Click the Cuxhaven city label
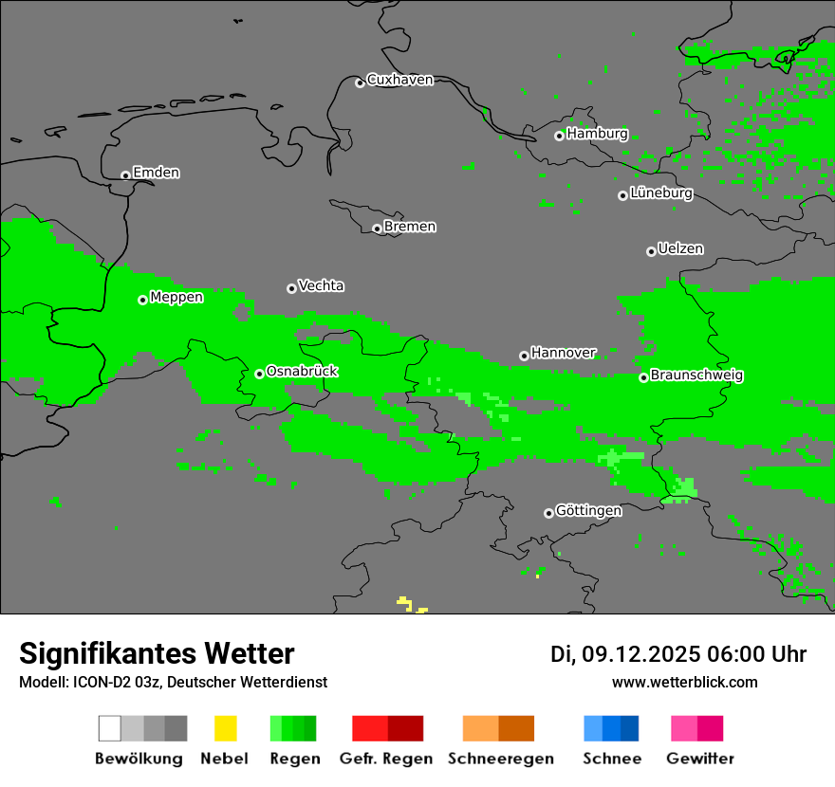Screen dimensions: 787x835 click(x=399, y=80)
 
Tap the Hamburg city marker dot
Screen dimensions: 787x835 click(x=559, y=136)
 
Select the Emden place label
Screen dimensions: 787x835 click(x=156, y=173)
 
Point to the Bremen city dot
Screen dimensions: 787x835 click(x=377, y=229)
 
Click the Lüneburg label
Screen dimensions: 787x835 click(x=661, y=193)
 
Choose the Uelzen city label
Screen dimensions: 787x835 click(x=680, y=249)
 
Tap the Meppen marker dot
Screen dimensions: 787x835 click(x=142, y=300)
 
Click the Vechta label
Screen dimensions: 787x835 click(x=321, y=285)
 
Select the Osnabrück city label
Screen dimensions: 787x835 click(x=302, y=372)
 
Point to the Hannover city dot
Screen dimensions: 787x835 click(x=524, y=356)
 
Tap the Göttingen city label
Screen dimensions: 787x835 click(x=588, y=511)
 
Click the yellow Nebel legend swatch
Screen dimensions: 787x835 click(x=225, y=728)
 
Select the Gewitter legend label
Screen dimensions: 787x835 click(x=700, y=759)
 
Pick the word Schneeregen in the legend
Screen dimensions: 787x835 click(x=501, y=759)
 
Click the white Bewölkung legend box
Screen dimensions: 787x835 click(x=110, y=728)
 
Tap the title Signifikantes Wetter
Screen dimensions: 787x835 click(x=157, y=653)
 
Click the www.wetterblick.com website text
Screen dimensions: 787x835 click(x=684, y=682)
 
